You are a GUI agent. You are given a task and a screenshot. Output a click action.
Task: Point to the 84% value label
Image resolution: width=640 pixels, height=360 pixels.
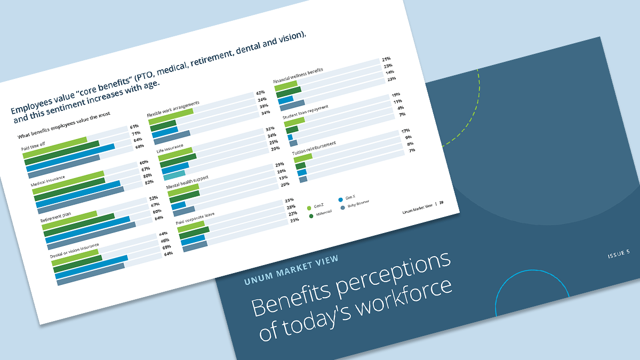158,217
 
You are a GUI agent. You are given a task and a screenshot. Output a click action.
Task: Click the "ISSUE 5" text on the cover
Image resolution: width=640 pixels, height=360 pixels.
619,254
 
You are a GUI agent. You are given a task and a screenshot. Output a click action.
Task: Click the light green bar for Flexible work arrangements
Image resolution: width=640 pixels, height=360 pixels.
171,116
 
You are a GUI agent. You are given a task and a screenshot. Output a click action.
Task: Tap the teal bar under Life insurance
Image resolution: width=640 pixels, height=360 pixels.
174,174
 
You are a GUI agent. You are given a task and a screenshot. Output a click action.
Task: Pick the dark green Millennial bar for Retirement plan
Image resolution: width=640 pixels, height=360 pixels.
79,224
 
